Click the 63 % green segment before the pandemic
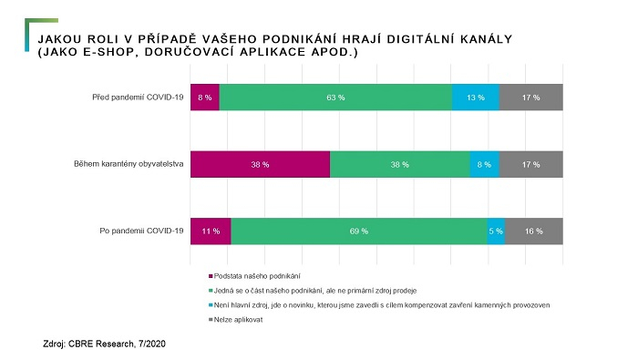[335, 97]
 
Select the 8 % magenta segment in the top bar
[204, 97]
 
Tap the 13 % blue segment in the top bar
[476, 97]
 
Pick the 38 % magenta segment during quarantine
[260, 164]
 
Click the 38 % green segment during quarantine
[399, 164]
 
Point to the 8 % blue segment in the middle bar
[484, 164]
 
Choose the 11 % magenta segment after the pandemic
[210, 231]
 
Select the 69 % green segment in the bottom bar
[359, 231]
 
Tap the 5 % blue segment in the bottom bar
[496, 231]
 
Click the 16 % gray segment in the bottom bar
[534, 231]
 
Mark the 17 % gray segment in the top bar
[531, 97]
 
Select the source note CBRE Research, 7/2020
[106, 345]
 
